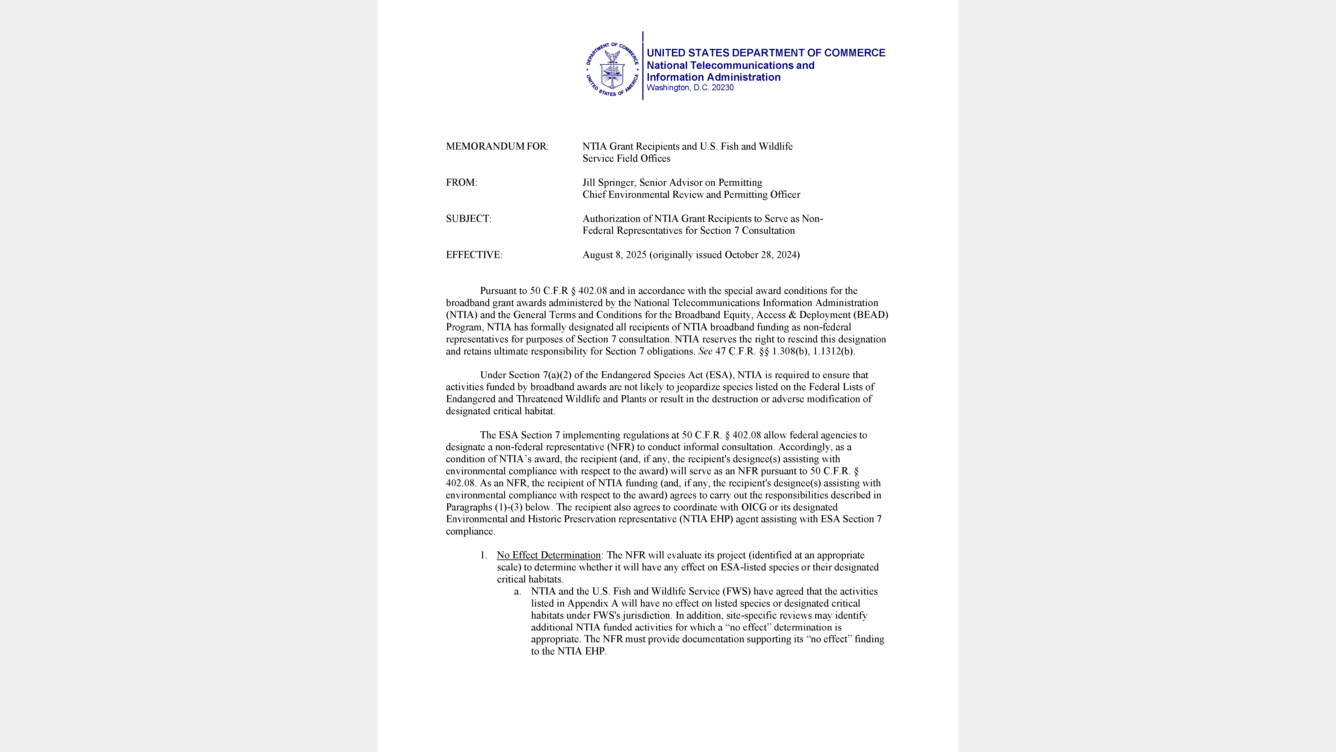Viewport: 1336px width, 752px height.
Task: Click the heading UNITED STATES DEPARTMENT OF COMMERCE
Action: [x=765, y=53]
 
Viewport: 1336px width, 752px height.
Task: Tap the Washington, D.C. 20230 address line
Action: [x=690, y=88]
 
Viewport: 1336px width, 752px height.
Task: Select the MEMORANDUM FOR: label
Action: [x=497, y=146]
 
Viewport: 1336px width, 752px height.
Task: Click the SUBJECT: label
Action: [x=468, y=218]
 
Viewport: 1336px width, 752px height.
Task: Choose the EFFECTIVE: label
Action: [x=474, y=255]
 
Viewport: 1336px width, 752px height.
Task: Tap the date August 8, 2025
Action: [x=614, y=255]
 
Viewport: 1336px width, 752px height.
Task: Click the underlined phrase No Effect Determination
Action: [x=548, y=555]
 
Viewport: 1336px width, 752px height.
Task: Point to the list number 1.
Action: [x=483, y=555]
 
